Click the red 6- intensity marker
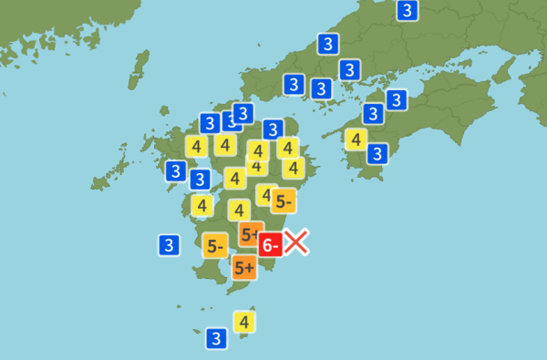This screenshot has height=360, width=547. [271, 244]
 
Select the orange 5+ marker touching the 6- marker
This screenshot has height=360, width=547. [252, 233]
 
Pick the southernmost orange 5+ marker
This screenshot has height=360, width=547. [243, 267]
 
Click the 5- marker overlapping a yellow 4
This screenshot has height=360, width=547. [284, 201]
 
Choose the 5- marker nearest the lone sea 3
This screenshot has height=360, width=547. [215, 245]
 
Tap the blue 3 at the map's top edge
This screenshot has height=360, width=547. [408, 11]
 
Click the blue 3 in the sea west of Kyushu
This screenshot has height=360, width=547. [169, 244]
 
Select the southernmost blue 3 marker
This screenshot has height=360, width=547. [216, 338]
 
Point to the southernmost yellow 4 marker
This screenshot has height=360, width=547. [243, 321]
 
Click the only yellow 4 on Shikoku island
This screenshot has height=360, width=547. [356, 139]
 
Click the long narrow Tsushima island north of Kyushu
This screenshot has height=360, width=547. [139, 66]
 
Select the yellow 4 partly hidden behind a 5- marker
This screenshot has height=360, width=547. [265, 194]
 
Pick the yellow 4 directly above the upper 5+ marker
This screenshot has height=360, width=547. [240, 210]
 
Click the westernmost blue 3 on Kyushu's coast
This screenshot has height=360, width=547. [176, 170]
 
